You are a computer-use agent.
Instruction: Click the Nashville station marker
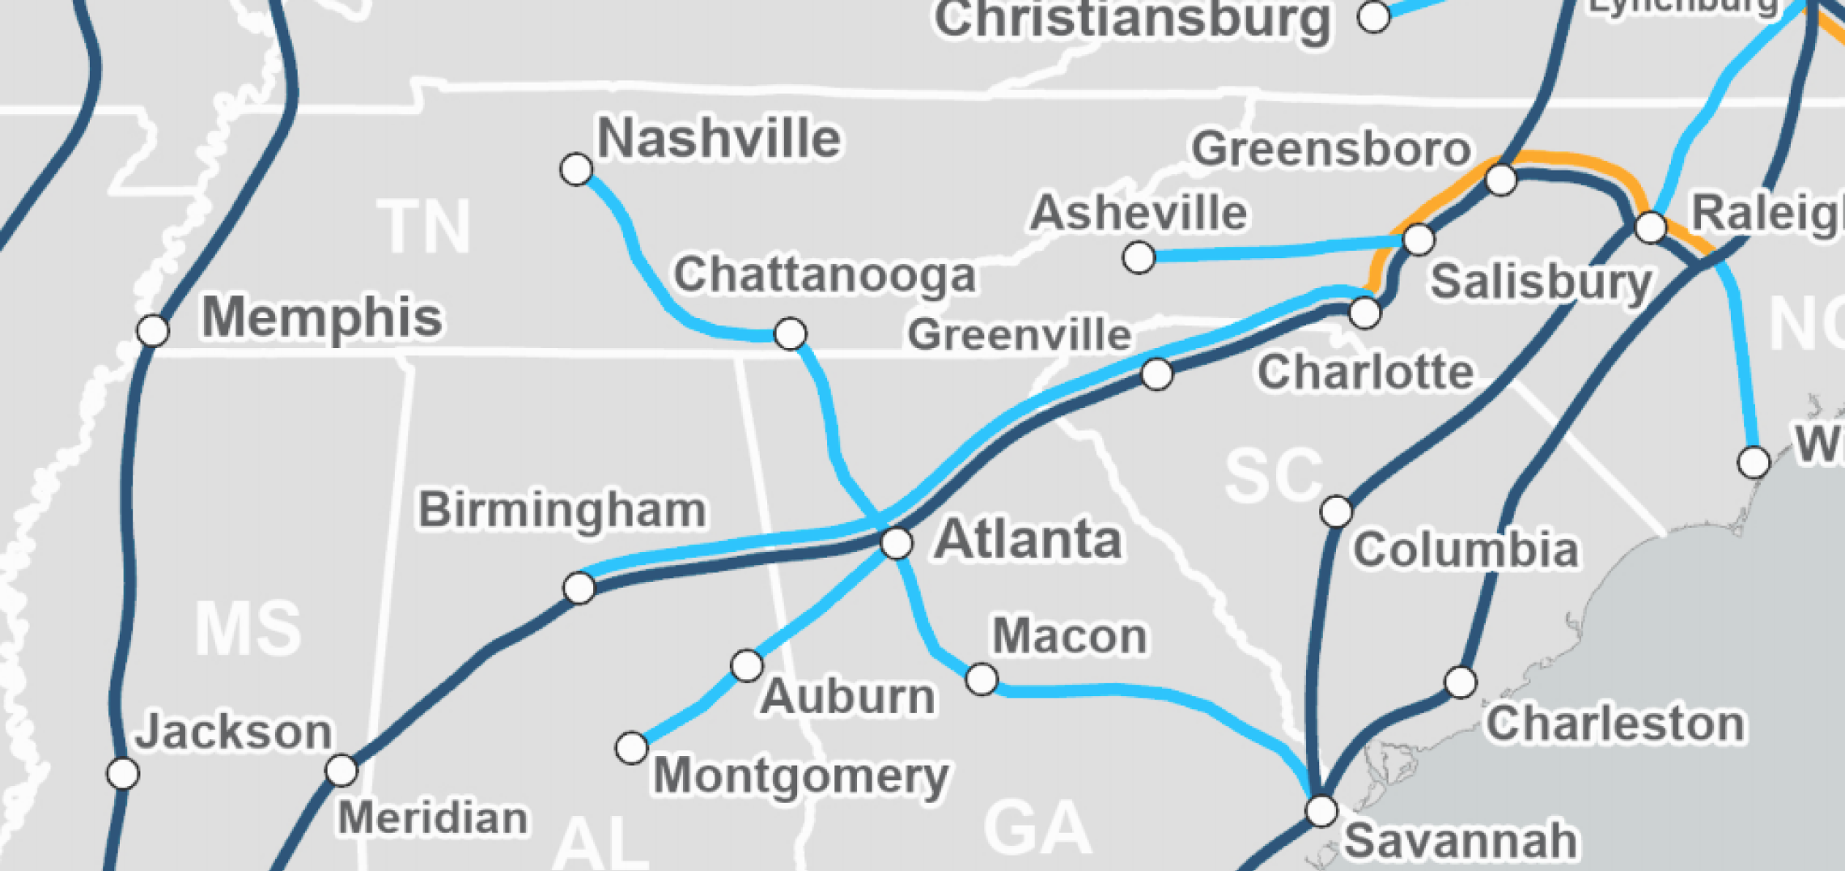(x=576, y=169)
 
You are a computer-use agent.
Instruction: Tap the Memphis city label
(x=322, y=316)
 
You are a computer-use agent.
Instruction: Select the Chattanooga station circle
(x=790, y=334)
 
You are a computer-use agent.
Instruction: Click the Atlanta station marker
(x=897, y=542)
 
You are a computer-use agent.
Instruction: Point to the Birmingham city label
(x=562, y=510)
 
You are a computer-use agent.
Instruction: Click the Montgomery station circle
(x=631, y=748)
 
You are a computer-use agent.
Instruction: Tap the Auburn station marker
(x=746, y=665)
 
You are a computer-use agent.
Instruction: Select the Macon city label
(x=1069, y=636)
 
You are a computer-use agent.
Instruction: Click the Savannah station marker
(x=1321, y=810)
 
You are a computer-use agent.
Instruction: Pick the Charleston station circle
(x=1461, y=682)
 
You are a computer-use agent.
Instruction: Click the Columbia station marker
(x=1336, y=512)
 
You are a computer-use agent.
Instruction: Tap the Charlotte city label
(x=1364, y=372)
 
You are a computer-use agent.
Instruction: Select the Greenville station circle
(x=1157, y=374)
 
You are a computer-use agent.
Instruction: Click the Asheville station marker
(x=1139, y=257)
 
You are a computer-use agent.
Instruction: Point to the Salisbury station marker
(x=1419, y=240)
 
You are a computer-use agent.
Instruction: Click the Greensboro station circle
(x=1501, y=179)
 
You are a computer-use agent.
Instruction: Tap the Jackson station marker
(x=123, y=773)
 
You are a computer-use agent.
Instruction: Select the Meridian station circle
(x=341, y=770)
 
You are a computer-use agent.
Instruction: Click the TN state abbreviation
(x=424, y=227)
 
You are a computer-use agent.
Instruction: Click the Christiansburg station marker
(x=1373, y=16)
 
